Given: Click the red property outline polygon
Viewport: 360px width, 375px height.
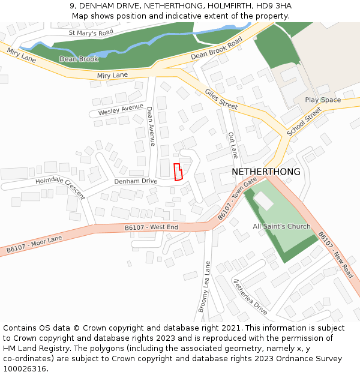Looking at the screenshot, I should pos(178,172).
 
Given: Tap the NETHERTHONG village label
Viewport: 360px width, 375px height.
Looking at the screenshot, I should pos(266,172).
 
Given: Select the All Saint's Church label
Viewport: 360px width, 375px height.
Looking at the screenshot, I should pos(281,226).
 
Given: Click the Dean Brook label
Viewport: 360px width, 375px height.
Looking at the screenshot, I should pos(79,59).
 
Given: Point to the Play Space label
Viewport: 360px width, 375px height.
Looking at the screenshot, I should pos(322,100).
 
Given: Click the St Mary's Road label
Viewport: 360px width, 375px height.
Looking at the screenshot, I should pos(91,33).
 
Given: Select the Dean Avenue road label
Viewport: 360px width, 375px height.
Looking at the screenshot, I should pos(151,126).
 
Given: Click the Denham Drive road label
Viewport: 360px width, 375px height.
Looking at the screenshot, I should pos(136,181).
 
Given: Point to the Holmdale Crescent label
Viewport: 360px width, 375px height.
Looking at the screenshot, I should pos(60,188).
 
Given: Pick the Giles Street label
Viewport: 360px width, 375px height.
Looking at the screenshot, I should pos(221,99).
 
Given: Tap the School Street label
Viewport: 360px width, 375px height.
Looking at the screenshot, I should pos(304,122).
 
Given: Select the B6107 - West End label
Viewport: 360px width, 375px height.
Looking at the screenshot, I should pos(151,227).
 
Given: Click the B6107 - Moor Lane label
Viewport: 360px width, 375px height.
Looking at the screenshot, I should pos(34,244).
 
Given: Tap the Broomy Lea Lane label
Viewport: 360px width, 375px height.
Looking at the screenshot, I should pos(204,286).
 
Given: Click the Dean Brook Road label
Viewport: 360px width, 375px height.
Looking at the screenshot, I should pos(216,48).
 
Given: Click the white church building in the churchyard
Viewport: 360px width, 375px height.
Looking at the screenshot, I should pos(263,201).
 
